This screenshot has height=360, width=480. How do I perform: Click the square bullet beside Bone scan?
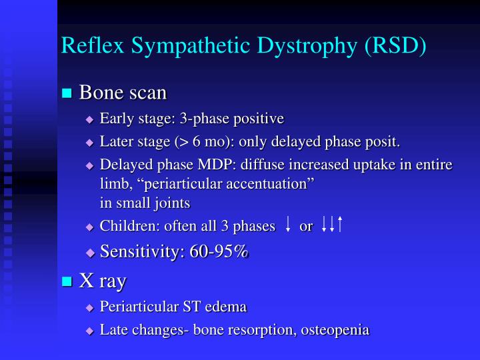coord(67,93)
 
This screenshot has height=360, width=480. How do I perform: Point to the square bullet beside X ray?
coord(67,282)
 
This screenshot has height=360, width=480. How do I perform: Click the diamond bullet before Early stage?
coord(90,120)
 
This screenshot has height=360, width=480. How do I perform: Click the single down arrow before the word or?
coord(287,226)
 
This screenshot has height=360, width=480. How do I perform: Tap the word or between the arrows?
coord(306,226)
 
